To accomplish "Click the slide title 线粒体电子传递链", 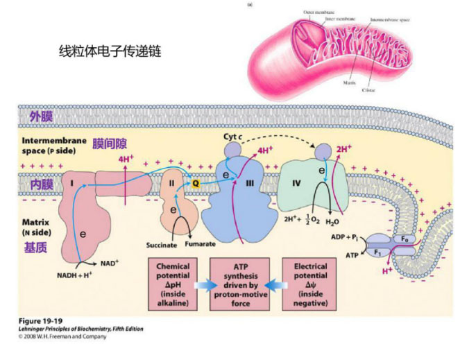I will pos(110,51).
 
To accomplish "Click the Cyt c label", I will pos(232,137).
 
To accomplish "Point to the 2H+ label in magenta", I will pos(343,148).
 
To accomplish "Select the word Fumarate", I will pos(200,245).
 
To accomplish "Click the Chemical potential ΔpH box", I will pos(173,284).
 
